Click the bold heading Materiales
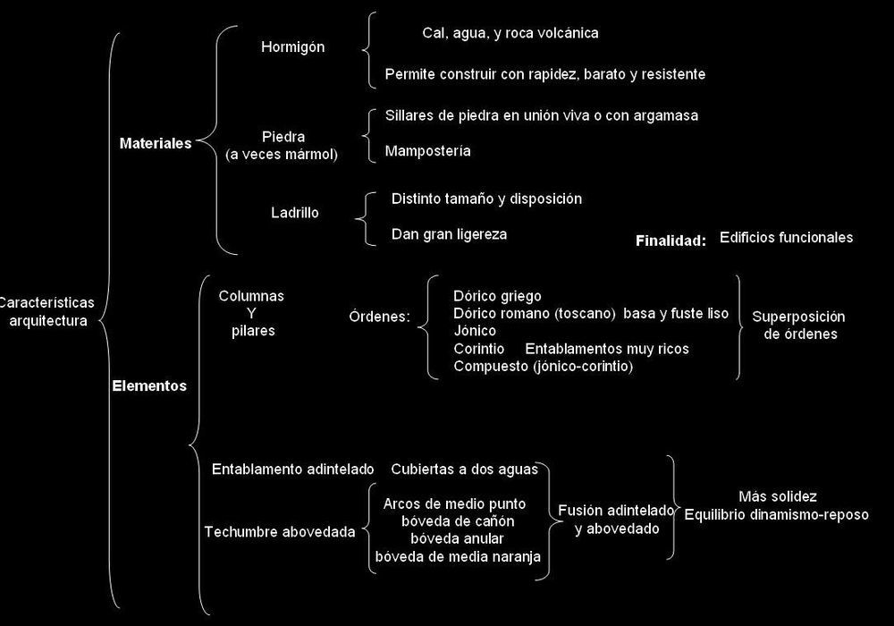tap(156, 143)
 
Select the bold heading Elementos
tap(149, 386)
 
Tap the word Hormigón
tap(293, 47)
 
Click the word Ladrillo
tap(295, 213)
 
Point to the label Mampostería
tap(427, 151)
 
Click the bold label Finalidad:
tap(671, 241)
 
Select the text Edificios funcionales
tap(786, 238)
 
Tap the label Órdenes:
tap(380, 317)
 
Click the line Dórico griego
tap(497, 297)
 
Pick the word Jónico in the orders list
tap(475, 331)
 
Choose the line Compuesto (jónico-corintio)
tap(544, 366)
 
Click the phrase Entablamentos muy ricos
tap(607, 349)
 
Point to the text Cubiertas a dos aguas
tap(465, 469)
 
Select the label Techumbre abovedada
tap(280, 532)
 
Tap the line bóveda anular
tap(457, 538)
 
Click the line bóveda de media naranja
tap(458, 556)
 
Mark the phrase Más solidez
tap(778, 496)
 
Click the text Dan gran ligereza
tap(450, 234)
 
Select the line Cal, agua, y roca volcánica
tap(510, 33)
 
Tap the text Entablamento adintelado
tap(293, 469)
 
